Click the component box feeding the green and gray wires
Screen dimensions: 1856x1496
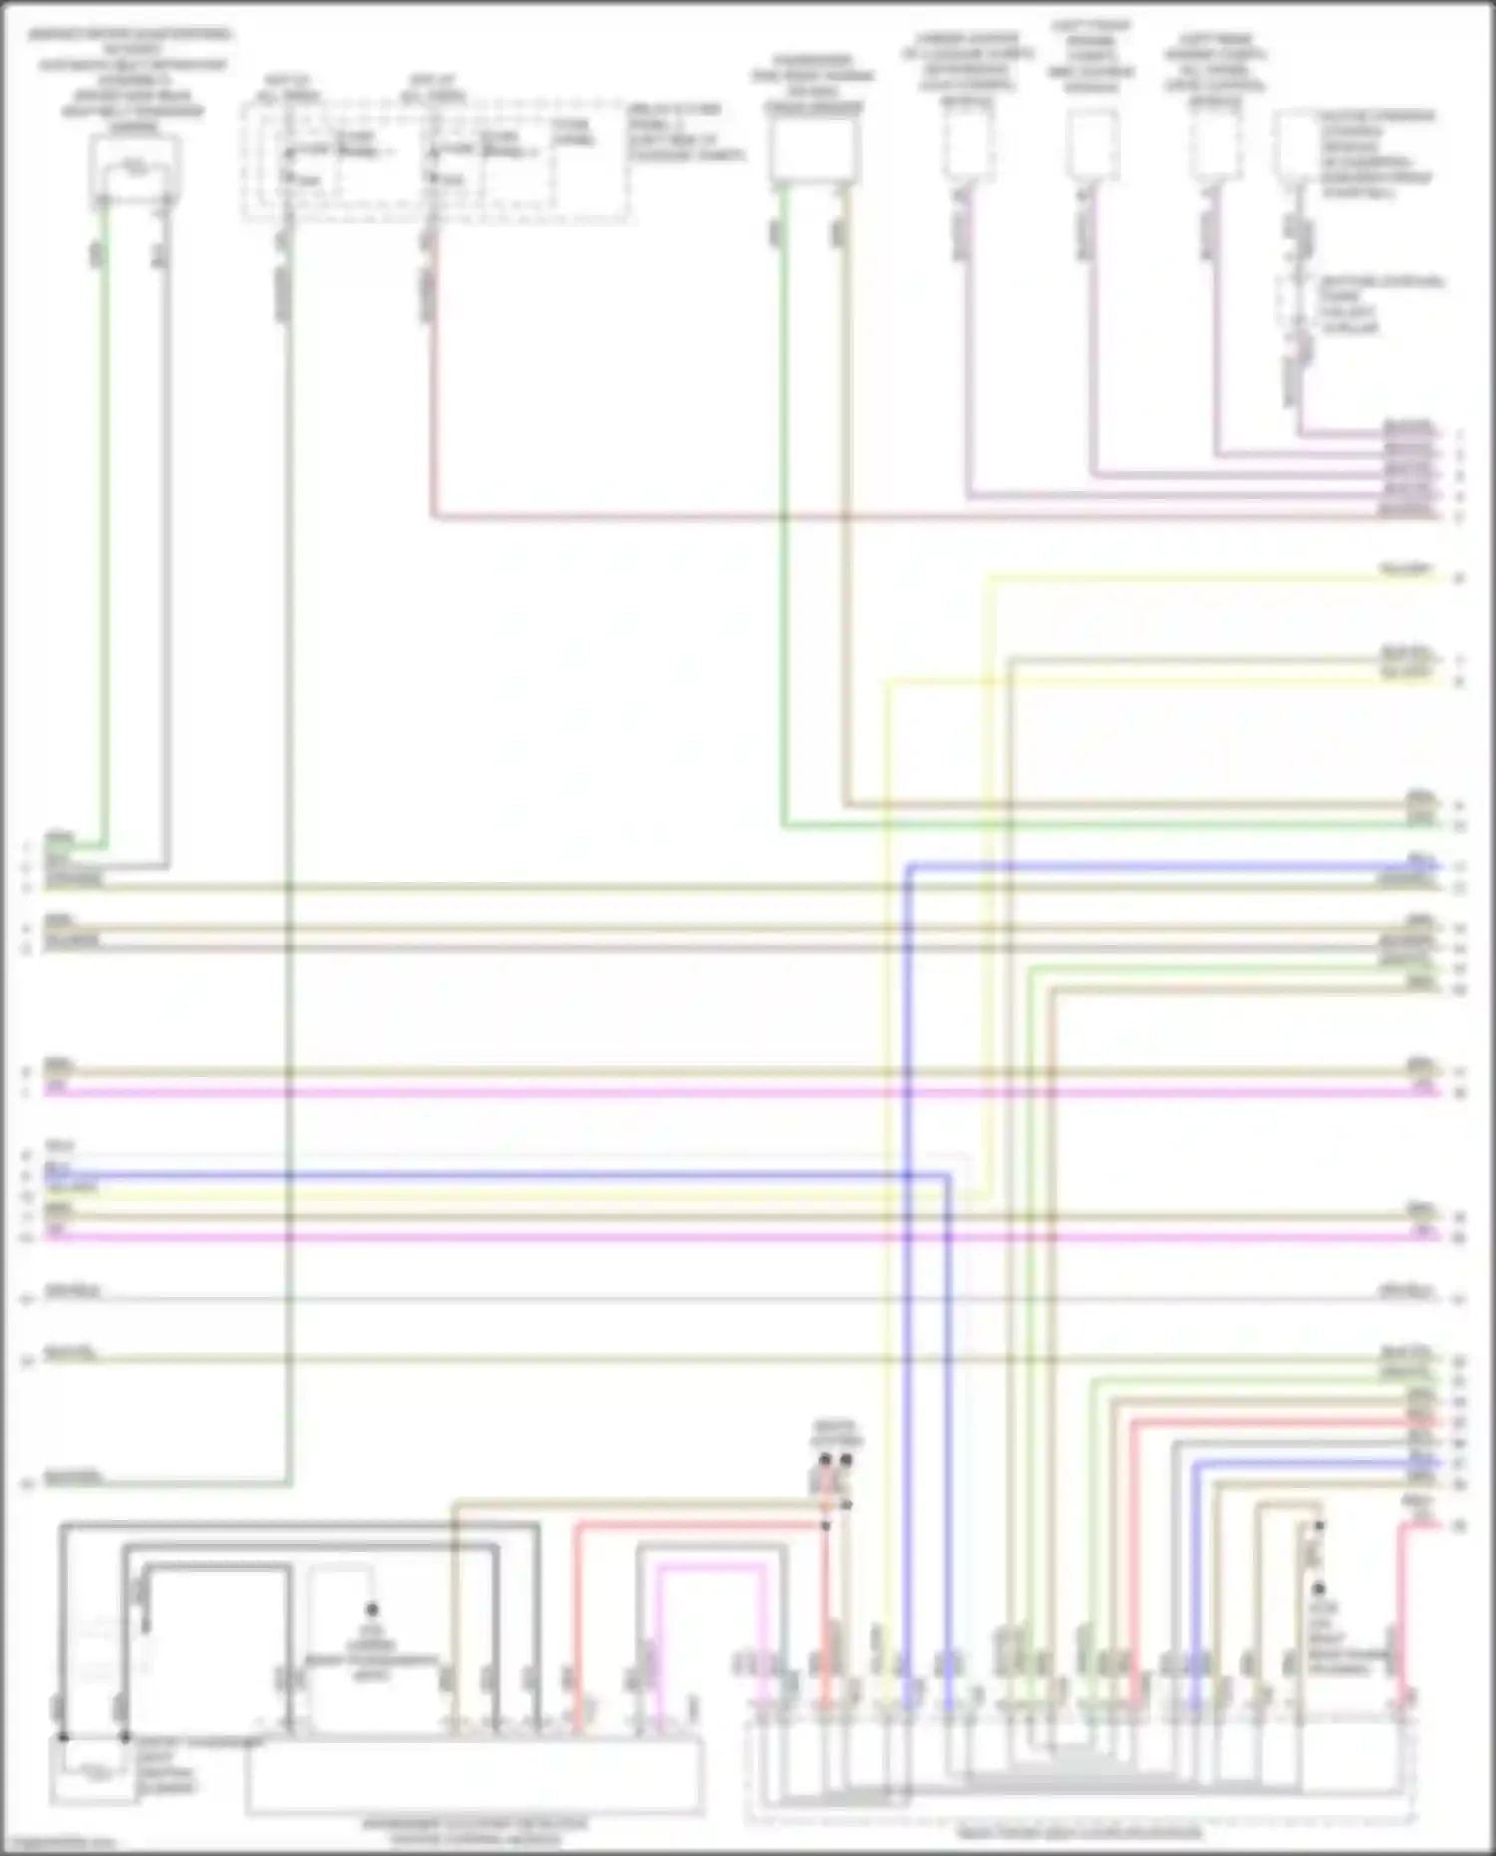134,165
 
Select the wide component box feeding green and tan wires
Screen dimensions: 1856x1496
814,151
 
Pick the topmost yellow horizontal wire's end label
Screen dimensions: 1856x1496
1406,570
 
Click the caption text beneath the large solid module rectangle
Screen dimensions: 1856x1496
474,1830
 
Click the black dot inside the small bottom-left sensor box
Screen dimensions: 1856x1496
372,1609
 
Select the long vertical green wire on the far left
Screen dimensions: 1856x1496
103,549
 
